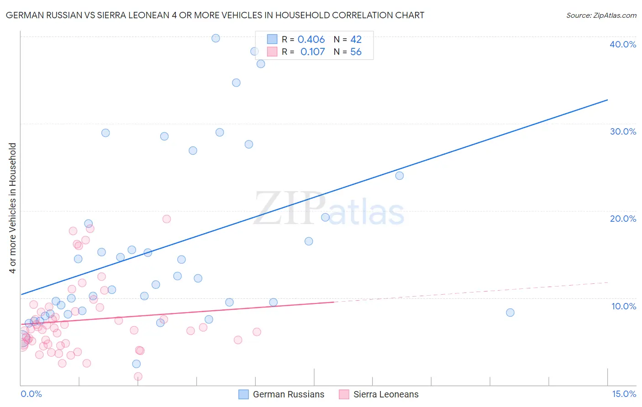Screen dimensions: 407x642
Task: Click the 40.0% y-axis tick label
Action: [x=623, y=44]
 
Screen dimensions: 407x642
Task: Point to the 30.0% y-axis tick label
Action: [x=623, y=131]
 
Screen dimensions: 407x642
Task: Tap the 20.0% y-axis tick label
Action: [x=623, y=219]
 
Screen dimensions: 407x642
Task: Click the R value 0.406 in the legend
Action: [x=311, y=40]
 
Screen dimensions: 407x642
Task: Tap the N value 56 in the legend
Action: [x=356, y=52]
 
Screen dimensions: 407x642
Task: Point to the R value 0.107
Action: [x=312, y=52]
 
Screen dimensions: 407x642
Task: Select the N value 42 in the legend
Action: [x=356, y=40]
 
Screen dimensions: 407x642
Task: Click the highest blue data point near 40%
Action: [x=216, y=38]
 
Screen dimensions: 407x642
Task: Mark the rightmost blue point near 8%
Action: [x=510, y=313]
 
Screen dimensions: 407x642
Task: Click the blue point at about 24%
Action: [x=400, y=176]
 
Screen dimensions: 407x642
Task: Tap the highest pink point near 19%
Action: [x=167, y=219]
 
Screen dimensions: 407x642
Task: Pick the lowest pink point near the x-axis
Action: [x=138, y=376]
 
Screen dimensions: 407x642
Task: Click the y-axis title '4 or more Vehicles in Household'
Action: [x=13, y=208]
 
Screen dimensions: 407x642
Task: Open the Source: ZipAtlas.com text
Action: [x=601, y=16]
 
